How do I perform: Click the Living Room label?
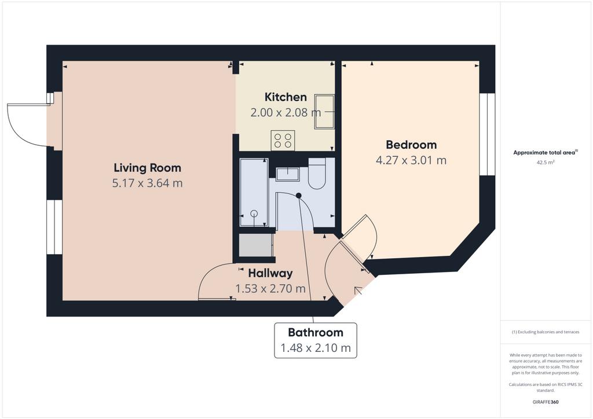(148, 168)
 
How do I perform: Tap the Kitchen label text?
(285, 97)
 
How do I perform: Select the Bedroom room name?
(411, 145)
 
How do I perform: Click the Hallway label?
(270, 273)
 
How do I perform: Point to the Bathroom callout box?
(316, 340)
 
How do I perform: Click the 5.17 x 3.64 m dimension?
(148, 183)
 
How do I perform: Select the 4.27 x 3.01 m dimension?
(411, 160)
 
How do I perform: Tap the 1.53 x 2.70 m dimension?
(270, 289)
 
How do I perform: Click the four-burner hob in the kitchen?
(283, 140)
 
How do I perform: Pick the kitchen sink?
(324, 112)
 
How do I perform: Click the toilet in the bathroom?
(317, 174)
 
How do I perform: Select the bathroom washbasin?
(287, 174)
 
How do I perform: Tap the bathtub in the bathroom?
(254, 192)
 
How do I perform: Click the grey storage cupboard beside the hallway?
(255, 245)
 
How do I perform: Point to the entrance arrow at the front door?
(358, 291)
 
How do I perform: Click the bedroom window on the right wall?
(487, 134)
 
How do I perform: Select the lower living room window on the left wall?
(54, 227)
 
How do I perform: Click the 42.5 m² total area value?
(546, 163)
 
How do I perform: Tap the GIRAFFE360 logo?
(546, 402)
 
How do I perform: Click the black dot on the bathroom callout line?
(298, 196)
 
